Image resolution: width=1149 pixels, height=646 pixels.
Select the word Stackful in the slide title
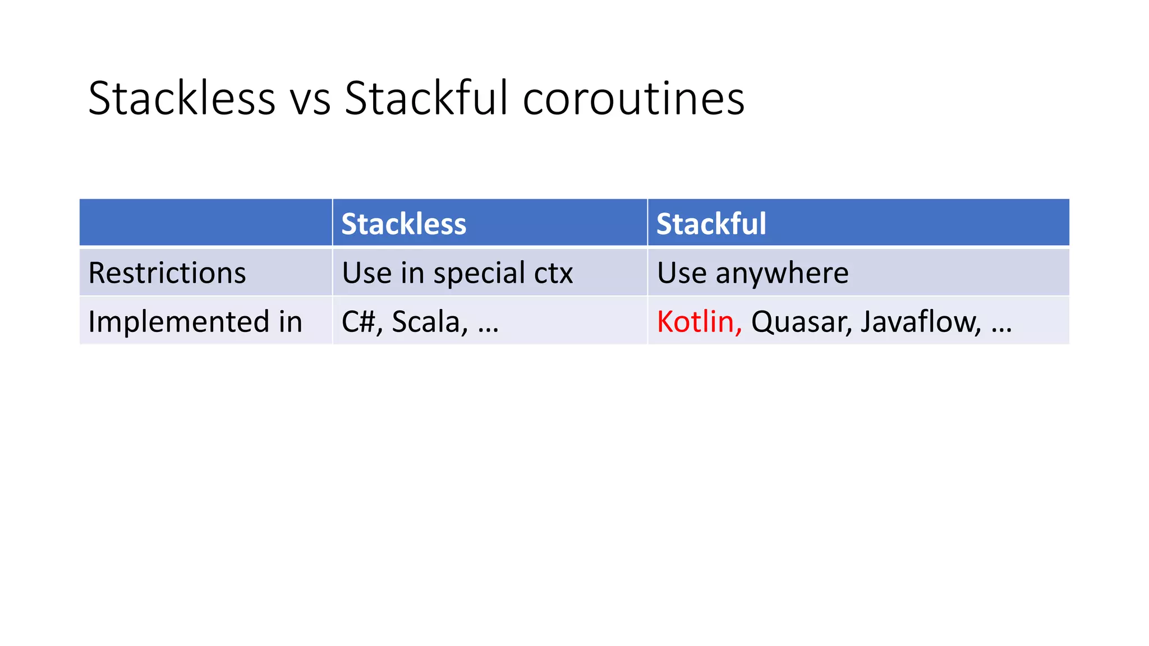[426, 99]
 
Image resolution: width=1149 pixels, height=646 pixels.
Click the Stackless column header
[403, 224]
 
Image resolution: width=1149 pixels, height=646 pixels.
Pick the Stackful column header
[711, 224]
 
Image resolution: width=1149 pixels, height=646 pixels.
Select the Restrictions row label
[167, 273]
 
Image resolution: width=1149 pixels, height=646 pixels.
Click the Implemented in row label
[195, 322]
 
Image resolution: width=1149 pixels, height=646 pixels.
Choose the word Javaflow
[920, 322]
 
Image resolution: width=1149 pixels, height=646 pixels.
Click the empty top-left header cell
[205, 223]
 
